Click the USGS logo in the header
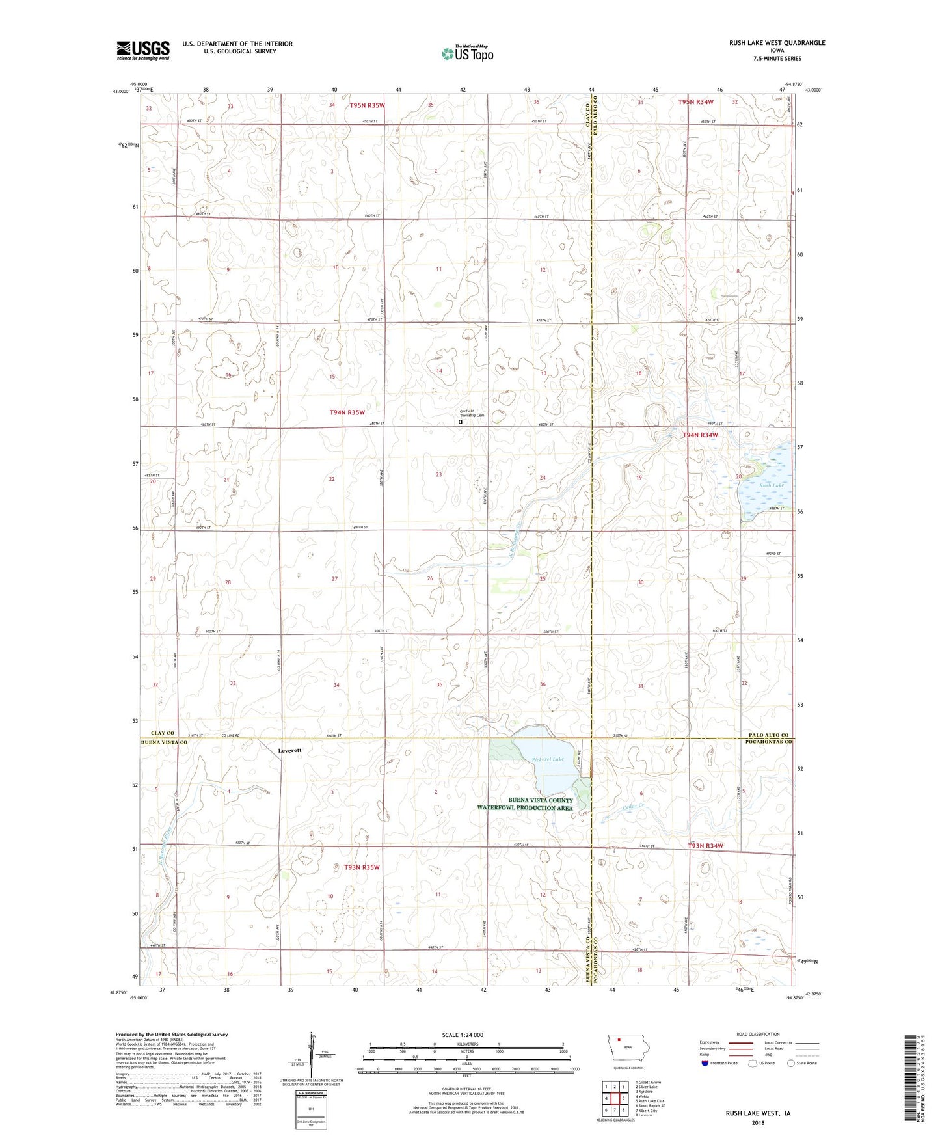point(142,50)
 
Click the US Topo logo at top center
point(466,53)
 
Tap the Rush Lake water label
point(771,485)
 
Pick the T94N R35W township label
point(347,412)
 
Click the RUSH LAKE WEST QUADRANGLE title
point(777,43)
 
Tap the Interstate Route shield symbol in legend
point(706,1063)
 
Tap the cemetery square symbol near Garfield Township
point(461,422)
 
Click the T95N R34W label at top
point(695,103)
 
